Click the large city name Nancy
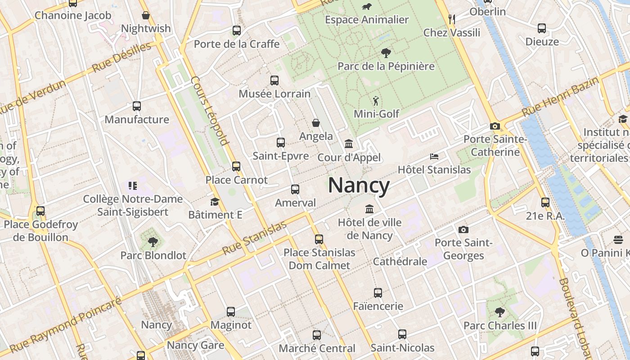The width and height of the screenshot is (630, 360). tap(359, 185)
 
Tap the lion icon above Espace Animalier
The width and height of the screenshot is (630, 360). tap(367, 7)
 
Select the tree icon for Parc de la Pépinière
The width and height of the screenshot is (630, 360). tap(386, 53)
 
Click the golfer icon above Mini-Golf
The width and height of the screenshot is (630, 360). tap(376, 101)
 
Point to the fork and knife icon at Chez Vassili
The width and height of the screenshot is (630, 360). tap(452, 19)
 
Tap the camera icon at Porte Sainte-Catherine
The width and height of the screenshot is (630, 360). tap(495, 126)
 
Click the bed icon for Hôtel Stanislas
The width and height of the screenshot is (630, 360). tap(434, 157)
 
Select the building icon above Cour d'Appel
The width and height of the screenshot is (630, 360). tap(349, 144)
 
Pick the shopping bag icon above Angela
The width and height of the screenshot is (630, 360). tap(316, 123)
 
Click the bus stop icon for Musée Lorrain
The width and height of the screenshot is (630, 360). tap(274, 81)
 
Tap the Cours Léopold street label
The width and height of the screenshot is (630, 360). tap(210, 111)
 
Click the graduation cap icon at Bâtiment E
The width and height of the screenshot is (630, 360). tap(215, 202)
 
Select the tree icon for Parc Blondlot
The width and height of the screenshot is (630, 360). tap(153, 242)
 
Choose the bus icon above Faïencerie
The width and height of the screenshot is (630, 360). tap(378, 293)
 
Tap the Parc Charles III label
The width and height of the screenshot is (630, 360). tap(500, 325)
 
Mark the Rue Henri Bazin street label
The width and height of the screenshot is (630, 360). tap(561, 96)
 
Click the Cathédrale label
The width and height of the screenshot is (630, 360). tap(400, 261)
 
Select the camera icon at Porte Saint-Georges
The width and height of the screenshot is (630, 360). tap(463, 230)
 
